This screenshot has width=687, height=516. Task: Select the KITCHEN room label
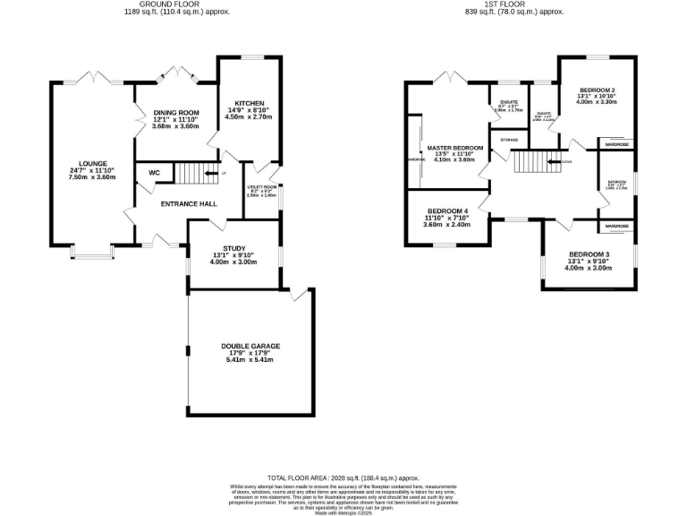[242, 104]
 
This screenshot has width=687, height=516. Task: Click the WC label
[154, 172]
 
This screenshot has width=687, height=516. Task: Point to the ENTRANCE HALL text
[189, 204]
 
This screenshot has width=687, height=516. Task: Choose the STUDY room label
[233, 249]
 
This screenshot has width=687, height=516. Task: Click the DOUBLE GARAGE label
[250, 346]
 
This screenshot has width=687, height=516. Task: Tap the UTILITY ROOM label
[261, 187]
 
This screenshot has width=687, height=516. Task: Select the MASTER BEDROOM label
[454, 148]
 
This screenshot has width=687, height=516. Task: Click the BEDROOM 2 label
[597, 90]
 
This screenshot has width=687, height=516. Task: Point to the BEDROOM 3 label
[589, 255]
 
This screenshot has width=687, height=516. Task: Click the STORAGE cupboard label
[509, 141]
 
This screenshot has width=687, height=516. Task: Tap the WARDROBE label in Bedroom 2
[616, 143]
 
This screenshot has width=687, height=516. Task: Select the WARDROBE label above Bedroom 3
[616, 226]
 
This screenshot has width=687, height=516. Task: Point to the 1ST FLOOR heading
[527, 4]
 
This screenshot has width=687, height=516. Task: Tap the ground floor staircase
[190, 173]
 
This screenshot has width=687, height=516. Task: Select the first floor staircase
[531, 162]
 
